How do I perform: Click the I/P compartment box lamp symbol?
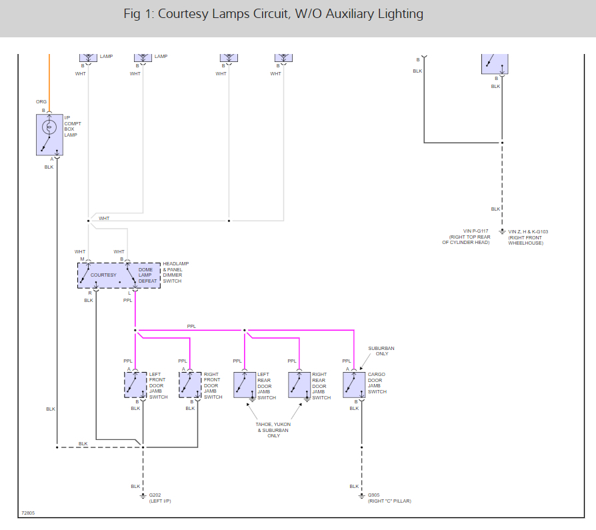(49, 135)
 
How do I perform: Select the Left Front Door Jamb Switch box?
(135, 385)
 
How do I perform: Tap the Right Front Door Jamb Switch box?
(190, 385)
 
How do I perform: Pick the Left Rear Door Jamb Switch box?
(245, 385)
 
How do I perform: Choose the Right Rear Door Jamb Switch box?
(299, 385)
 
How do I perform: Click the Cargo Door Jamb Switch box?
(354, 385)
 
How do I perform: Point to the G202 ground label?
(155, 495)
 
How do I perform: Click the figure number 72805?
(28, 513)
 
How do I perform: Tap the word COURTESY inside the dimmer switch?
(103, 275)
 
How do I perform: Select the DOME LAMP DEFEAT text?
(147, 275)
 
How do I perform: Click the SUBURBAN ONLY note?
(382, 351)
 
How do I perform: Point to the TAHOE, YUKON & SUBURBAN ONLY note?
(273, 429)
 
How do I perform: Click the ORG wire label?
(41, 102)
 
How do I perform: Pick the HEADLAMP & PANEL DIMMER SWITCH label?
(176, 272)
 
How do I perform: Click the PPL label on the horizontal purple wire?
(191, 326)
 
